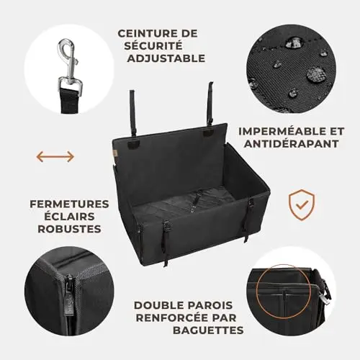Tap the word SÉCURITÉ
click(x=153, y=46)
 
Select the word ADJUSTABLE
click(x=166, y=58)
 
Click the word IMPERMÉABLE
click(x=278, y=131)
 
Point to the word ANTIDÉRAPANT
click(x=291, y=143)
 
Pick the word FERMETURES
click(x=69, y=204)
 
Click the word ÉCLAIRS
click(x=69, y=216)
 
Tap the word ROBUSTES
click(x=69, y=229)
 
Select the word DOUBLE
click(x=159, y=305)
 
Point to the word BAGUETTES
click(x=208, y=330)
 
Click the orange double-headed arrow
click(x=55, y=156)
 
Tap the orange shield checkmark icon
click(x=302, y=204)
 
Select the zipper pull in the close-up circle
click(x=68, y=297)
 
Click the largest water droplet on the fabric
click(x=316, y=74)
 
